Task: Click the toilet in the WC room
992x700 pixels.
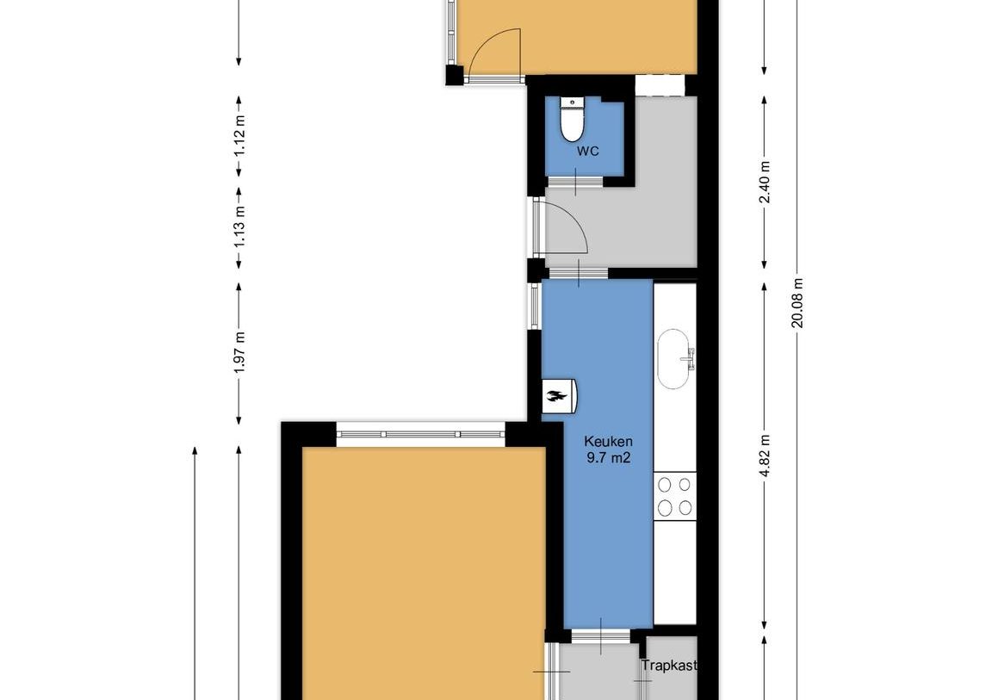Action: click(x=573, y=121)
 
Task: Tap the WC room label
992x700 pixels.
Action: click(x=588, y=152)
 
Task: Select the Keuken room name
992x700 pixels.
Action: click(x=608, y=442)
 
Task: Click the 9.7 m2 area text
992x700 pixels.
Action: click(x=608, y=458)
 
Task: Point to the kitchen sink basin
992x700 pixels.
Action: click(x=673, y=358)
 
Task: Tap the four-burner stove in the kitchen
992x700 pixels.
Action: click(x=674, y=496)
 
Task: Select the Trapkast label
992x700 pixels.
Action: click(x=669, y=666)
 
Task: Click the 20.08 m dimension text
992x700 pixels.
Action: click(x=797, y=303)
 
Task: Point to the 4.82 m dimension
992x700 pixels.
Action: click(x=765, y=458)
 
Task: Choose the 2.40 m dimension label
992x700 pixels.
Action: click(x=765, y=183)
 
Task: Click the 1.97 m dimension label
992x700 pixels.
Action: click(x=239, y=352)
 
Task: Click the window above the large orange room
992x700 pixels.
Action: click(x=421, y=435)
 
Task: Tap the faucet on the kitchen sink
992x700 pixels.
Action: click(x=690, y=358)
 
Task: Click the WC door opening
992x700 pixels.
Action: click(x=575, y=183)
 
